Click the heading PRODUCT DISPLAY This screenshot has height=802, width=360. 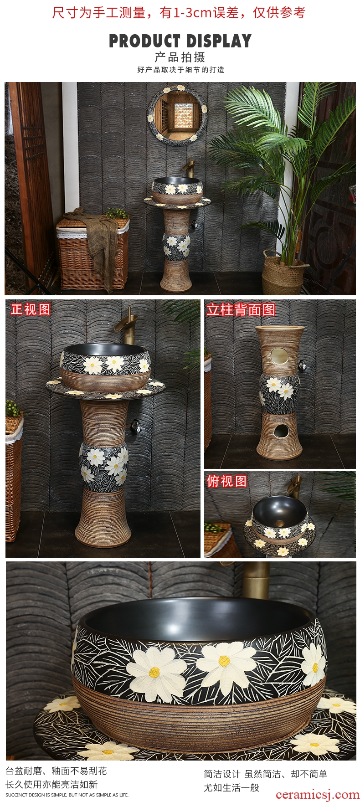[180, 41]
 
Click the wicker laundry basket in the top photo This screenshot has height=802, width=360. [93, 253]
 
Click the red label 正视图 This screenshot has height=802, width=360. [31, 309]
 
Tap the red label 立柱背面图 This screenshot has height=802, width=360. [241, 310]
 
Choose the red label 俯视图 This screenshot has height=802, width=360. [226, 481]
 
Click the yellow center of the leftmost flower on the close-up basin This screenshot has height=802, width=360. [154, 671]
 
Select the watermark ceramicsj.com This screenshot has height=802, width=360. [317, 794]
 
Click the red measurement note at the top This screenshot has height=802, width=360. [179, 12]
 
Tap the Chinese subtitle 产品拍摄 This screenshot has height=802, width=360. [180, 57]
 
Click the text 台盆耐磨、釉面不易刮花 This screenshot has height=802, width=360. [56, 771]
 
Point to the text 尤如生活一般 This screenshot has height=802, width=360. [231, 787]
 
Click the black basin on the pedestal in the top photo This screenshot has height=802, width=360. [177, 191]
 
